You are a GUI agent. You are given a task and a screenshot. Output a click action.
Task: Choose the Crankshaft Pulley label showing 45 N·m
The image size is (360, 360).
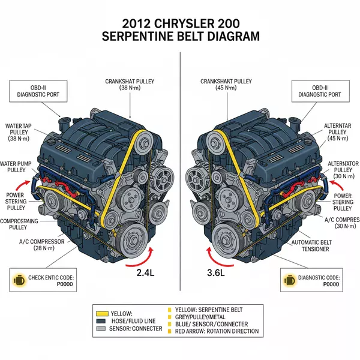(226, 83)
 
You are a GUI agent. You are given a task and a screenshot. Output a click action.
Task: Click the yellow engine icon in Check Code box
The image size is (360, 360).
(20, 280)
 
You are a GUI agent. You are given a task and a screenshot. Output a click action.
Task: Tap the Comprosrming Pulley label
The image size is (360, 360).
(26, 224)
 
